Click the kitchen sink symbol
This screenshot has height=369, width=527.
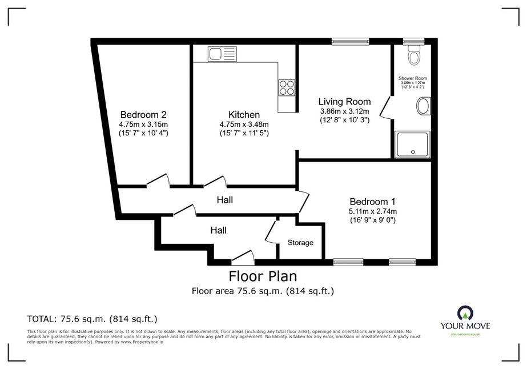click(x=222, y=54)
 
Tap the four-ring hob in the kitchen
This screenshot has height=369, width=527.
click(x=287, y=87)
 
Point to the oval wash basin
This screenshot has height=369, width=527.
click(x=424, y=106)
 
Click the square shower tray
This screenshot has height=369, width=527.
click(x=412, y=145)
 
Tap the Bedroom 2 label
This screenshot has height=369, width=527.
click(x=143, y=115)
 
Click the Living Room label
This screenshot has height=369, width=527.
click(x=344, y=102)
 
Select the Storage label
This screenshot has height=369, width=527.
click(x=300, y=243)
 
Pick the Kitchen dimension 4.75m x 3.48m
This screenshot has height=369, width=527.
click(x=244, y=125)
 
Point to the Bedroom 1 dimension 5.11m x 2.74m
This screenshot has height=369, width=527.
click(x=372, y=211)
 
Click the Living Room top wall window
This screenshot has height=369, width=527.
click(x=350, y=41)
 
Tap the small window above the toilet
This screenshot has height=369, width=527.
click(x=414, y=41)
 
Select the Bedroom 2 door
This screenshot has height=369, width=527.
click(x=158, y=180)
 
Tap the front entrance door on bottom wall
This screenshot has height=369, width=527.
click(x=243, y=257)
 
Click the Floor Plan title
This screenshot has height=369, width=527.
click(x=263, y=276)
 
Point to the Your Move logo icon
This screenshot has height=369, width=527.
click(x=465, y=313)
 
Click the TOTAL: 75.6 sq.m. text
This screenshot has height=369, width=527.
click(x=92, y=319)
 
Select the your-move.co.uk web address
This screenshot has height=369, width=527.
click(x=465, y=334)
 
